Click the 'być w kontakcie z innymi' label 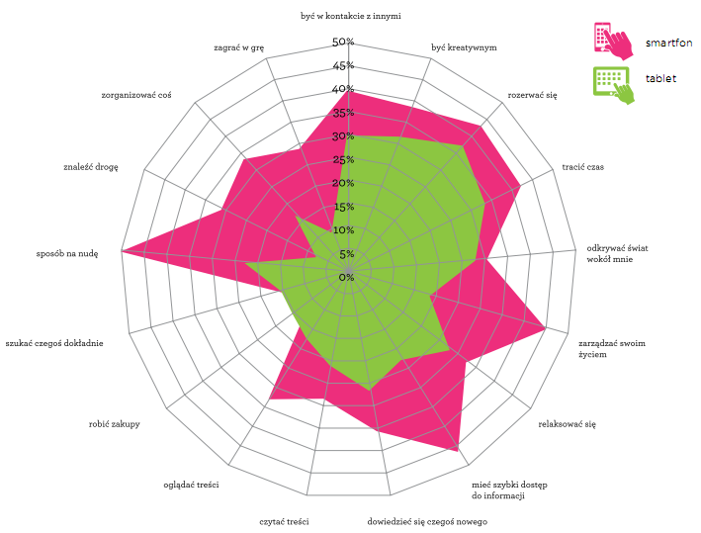pos(351,16)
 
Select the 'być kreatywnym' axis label pos(464,47)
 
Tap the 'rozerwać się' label pos(532,95)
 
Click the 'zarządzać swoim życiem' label pos(612,349)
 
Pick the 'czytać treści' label pos(285,521)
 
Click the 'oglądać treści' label pos(191,485)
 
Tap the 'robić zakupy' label pos(114,424)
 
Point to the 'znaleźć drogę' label pos(90,167)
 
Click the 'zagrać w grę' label pos(238,47)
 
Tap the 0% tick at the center pos(346,278)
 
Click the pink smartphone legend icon pos(610,41)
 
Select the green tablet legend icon pos(610,82)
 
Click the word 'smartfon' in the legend pos(668,43)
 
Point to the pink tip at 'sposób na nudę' pos(123,251)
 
